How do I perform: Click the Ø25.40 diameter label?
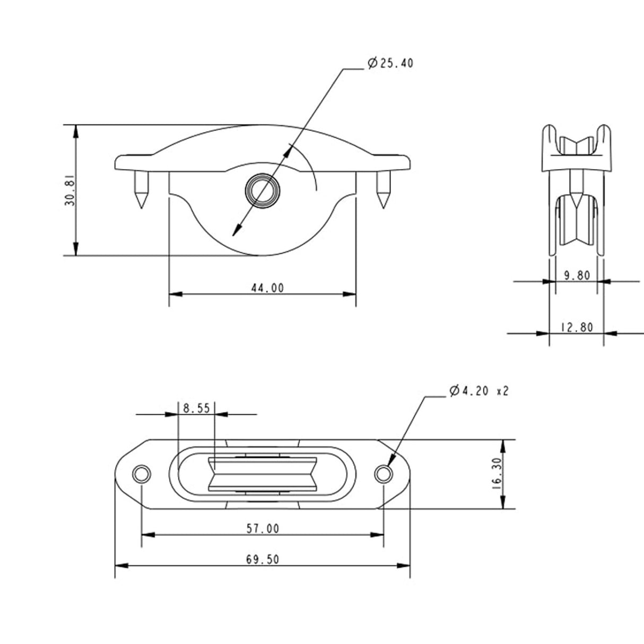390,64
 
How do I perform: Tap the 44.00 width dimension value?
267,288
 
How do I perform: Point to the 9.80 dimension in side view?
576,275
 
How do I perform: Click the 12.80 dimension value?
576,327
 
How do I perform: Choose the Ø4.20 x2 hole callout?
478,391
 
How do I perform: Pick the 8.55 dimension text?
196,408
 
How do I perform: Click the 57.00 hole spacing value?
263,528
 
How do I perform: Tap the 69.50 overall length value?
263,559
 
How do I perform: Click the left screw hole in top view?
142,473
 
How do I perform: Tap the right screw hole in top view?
383,473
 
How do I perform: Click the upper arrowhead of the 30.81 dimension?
76,130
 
